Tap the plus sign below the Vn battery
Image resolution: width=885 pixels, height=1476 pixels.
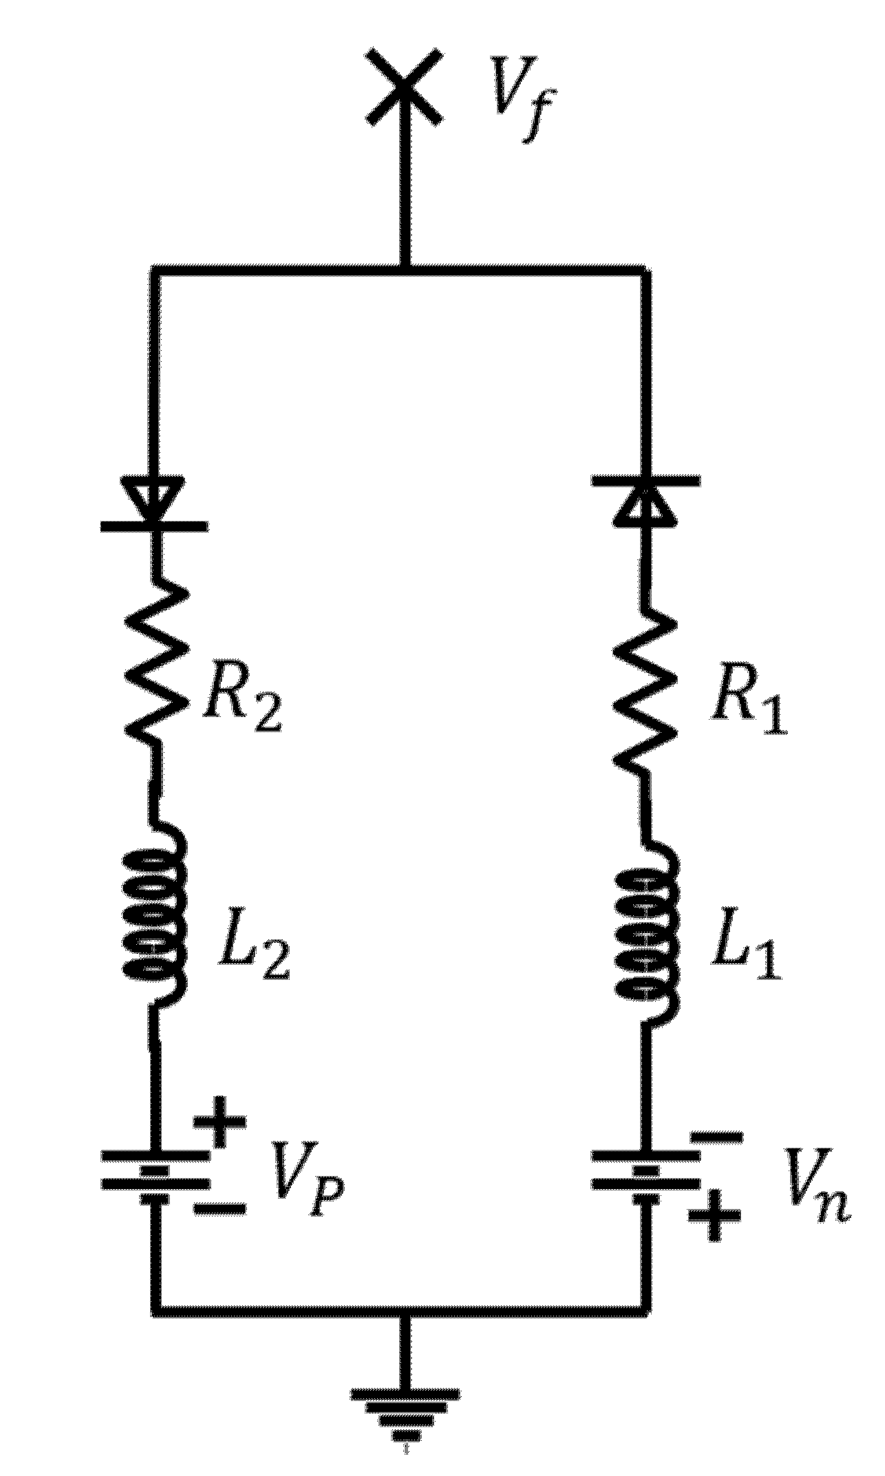point(716,1226)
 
